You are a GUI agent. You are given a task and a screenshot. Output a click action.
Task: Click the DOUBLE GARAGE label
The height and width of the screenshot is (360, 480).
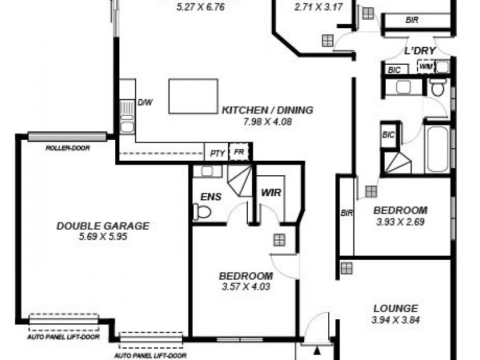pos(103,226)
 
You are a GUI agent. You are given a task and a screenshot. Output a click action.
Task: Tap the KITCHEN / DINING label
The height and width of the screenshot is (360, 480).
pos(268,110)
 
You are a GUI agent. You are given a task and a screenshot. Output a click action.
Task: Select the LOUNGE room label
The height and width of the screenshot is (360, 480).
pos(395,308)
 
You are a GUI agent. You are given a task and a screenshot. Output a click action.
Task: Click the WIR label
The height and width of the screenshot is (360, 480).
pos(271,194)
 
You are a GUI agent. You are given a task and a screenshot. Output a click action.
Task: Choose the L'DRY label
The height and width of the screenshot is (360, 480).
pos(419,51)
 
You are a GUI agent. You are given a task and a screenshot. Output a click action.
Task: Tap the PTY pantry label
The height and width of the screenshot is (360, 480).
pos(217,153)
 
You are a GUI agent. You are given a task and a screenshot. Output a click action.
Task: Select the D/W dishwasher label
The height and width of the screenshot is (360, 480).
pos(145,102)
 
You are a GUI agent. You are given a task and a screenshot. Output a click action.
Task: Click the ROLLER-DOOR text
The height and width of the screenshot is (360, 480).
pos(67,148)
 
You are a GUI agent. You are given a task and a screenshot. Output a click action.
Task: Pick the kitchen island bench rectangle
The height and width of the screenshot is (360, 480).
pos(193,96)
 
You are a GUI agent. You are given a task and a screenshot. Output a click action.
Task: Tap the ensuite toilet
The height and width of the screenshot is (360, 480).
pos(202,212)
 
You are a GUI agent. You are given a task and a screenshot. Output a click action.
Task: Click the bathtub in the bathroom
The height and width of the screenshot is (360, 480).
pos(437,149)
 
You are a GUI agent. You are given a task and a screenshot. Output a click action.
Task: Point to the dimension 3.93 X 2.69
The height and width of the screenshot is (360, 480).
pos(400,221)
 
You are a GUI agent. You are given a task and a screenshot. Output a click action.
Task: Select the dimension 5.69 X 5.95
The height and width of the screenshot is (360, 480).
pos(103,236)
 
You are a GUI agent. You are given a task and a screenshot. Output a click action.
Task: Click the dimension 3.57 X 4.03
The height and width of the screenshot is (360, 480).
pos(245,287)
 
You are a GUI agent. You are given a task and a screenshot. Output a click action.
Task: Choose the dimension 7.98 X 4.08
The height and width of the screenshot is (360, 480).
pos(268,121)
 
